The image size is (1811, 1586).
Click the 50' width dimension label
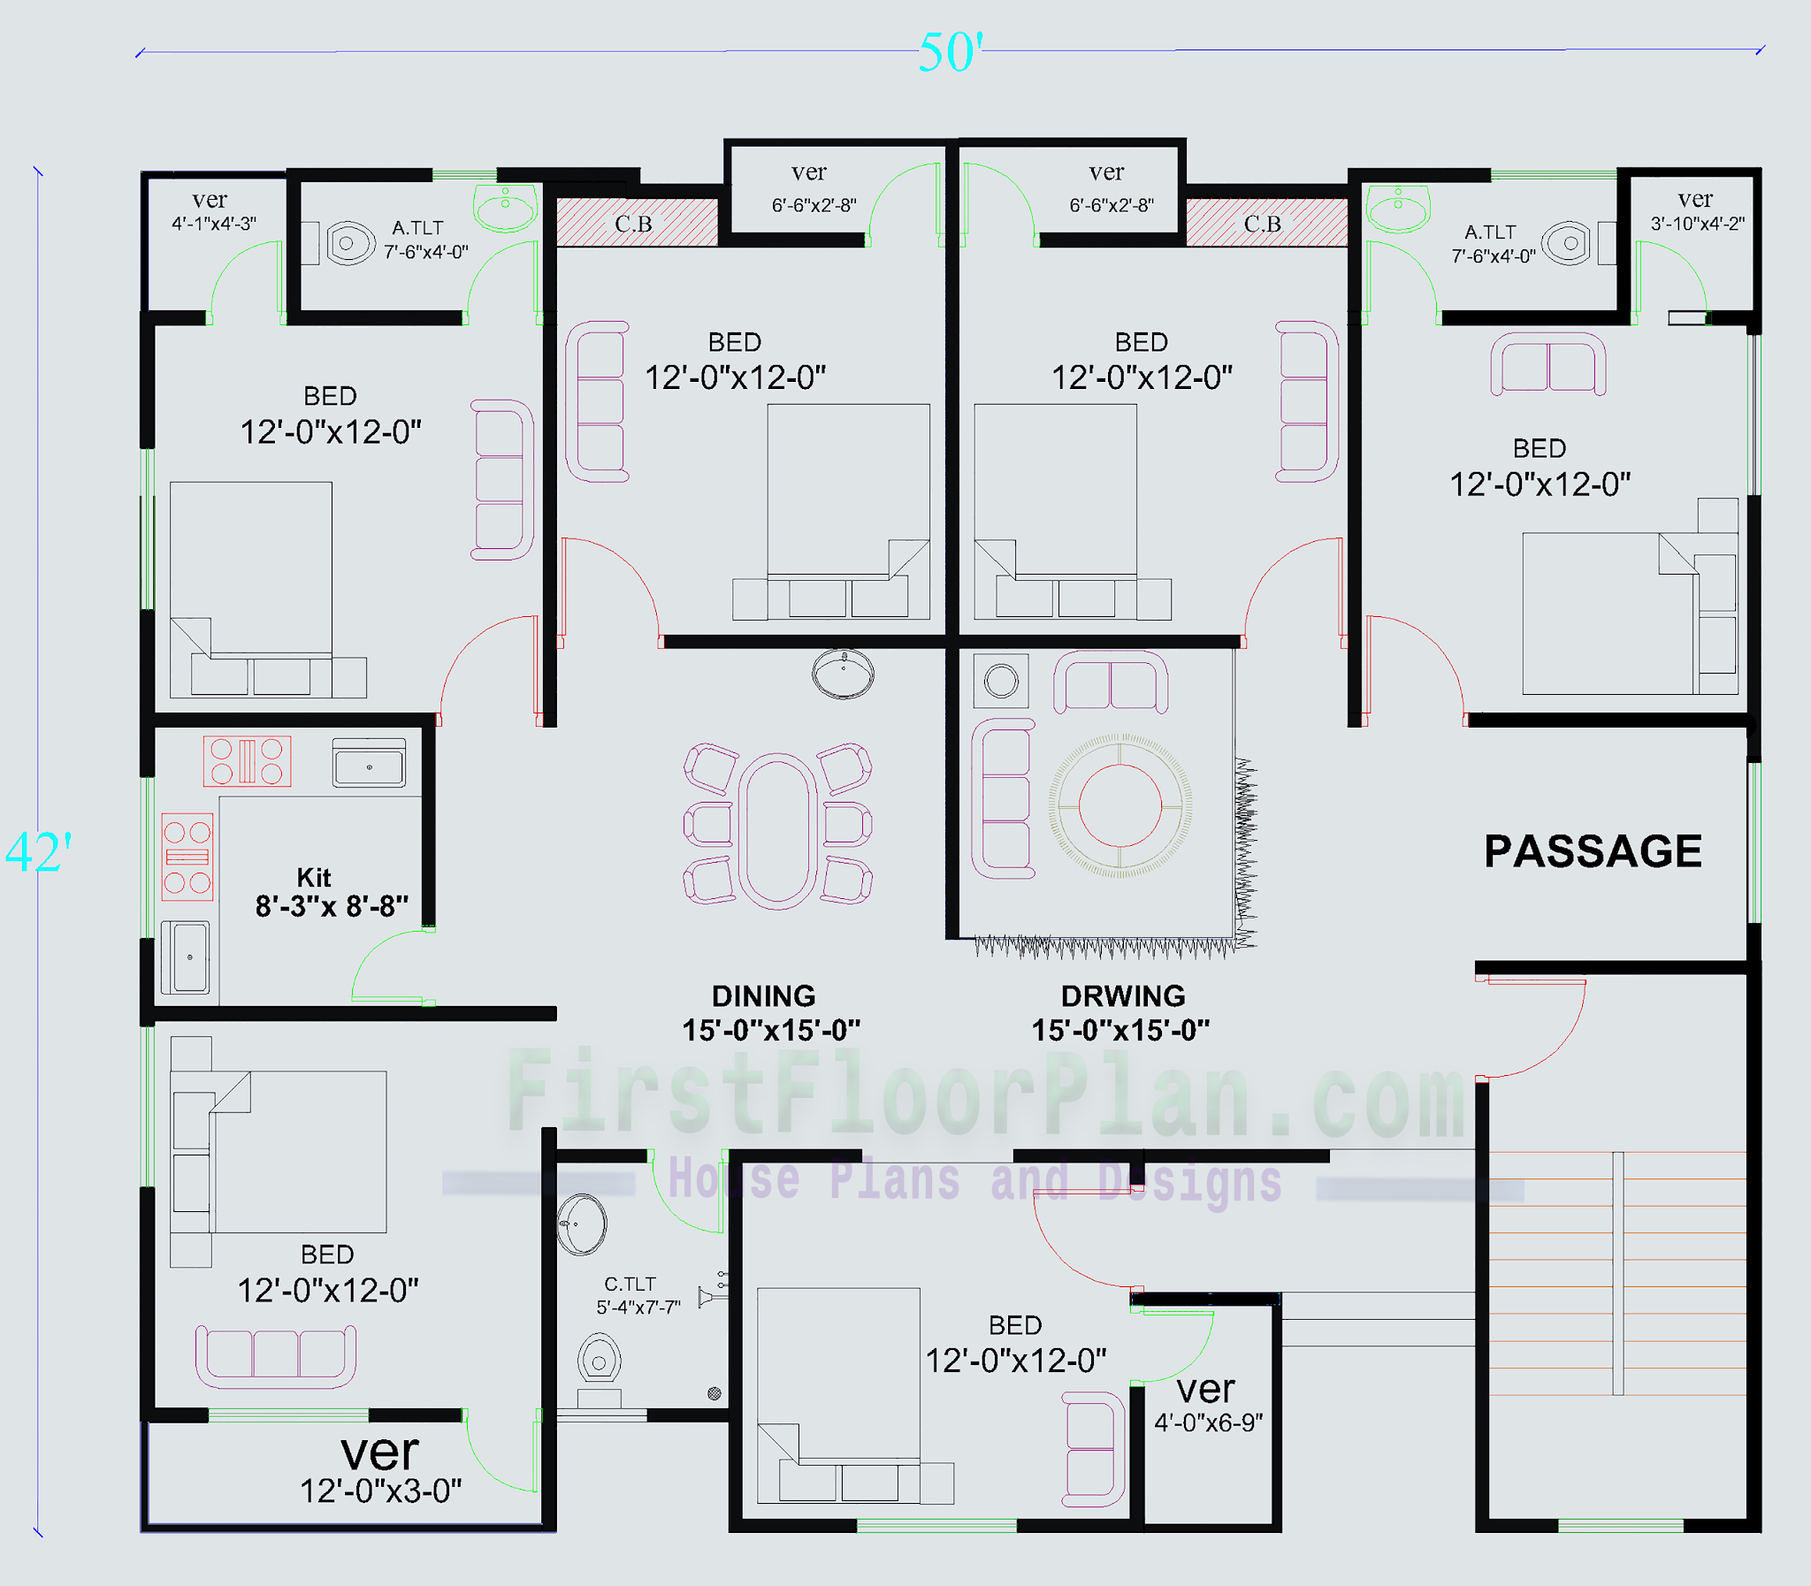950,53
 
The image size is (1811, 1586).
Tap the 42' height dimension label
38,851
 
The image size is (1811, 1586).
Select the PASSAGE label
1593,851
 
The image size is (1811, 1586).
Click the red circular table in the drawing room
1119,806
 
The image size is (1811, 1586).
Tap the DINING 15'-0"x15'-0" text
768,1013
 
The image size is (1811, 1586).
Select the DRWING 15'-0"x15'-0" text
1120,1013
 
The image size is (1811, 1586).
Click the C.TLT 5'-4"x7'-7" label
637,1295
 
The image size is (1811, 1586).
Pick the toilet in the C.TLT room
600,1361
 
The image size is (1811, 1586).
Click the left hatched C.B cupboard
636,223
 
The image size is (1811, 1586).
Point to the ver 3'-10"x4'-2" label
1696,210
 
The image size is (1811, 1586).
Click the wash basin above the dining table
843,674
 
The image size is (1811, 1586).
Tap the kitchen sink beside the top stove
369,764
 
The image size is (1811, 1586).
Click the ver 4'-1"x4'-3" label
212,211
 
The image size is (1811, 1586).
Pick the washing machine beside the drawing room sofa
1001,681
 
